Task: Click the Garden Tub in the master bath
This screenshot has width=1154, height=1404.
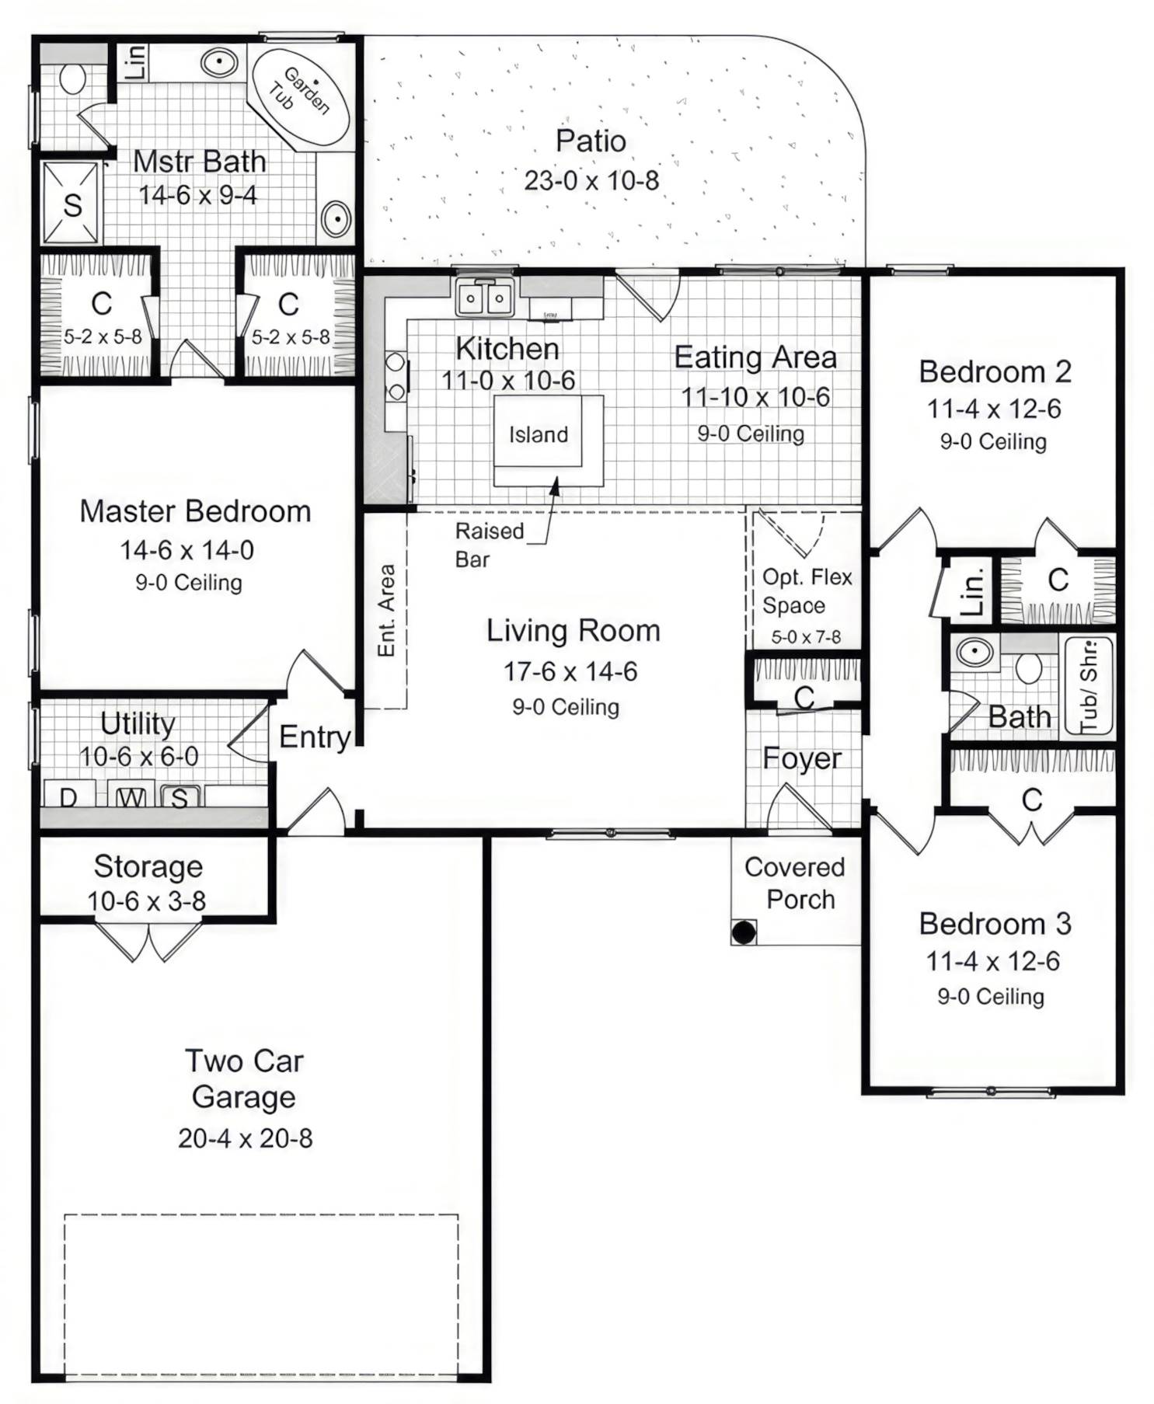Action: pos(299,96)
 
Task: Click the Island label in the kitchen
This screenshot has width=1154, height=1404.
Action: pos(539,434)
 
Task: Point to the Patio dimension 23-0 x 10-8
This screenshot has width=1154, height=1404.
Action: pos(591,180)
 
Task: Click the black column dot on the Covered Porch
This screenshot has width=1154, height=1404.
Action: pos(744,932)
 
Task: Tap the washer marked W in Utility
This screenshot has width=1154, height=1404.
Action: pos(131,797)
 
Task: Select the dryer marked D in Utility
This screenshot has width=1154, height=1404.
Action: pos(68,797)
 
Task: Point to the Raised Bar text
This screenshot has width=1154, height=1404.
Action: pos(489,545)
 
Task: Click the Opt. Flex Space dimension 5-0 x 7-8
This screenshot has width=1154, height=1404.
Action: pos(806,637)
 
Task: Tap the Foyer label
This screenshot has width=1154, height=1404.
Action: pos(801,758)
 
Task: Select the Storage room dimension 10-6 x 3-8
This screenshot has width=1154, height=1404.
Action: pos(147,901)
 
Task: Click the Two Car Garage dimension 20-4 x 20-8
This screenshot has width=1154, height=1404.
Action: pos(245,1138)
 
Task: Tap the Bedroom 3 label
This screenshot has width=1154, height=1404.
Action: pos(995,924)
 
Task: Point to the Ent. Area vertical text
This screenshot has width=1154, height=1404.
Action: pos(386,610)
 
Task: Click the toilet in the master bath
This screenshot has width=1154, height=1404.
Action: pos(72,78)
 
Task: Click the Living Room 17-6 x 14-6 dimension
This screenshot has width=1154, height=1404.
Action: pos(570,671)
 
